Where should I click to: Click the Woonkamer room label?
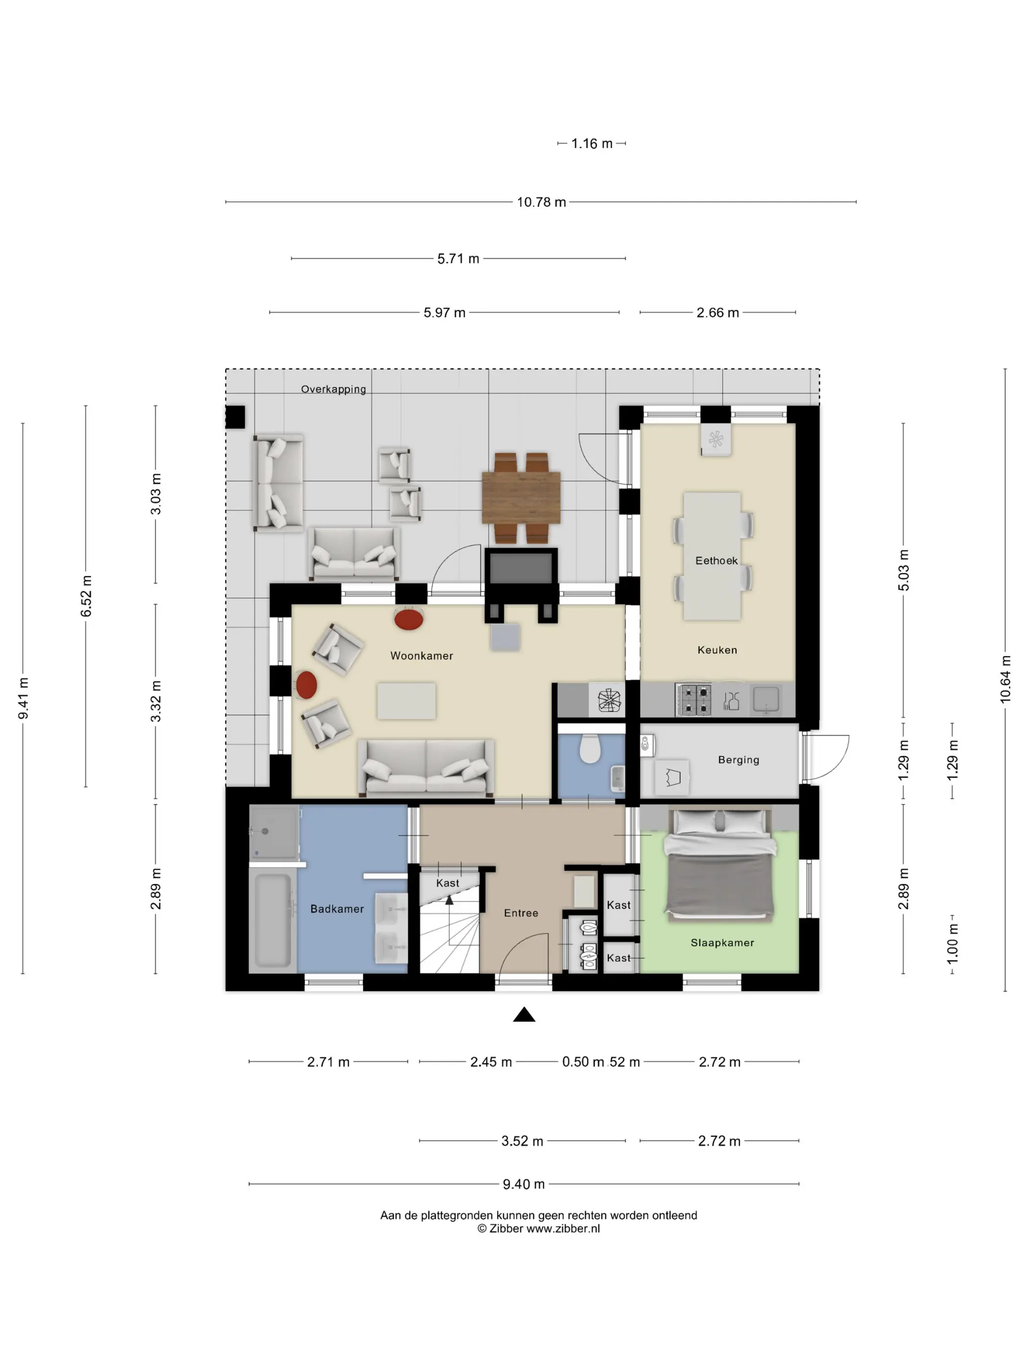point(421,656)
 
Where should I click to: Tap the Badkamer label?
point(337,909)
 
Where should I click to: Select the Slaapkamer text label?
point(722,943)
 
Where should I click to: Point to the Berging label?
point(738,760)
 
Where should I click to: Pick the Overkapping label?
point(333,389)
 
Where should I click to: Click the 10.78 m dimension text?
point(541,202)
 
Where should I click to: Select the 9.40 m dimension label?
point(524,1184)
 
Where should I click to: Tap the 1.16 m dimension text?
point(591,144)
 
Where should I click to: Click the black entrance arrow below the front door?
point(524,1014)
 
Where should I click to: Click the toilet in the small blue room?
point(590,749)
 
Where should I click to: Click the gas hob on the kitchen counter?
point(693,700)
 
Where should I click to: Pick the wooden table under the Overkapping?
point(521,497)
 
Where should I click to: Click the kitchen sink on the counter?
point(766,700)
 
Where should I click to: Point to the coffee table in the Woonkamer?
point(406,701)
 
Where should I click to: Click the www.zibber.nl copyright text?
point(538,1229)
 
